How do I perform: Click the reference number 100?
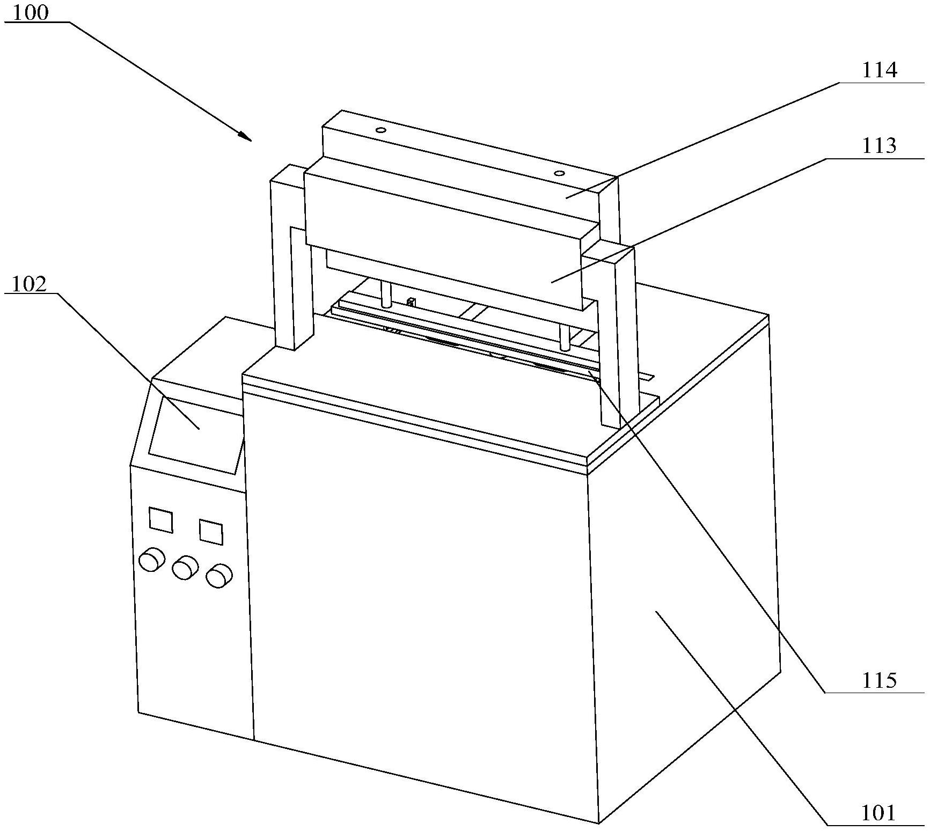click(30, 13)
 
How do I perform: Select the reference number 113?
click(879, 145)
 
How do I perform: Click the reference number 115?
click(879, 681)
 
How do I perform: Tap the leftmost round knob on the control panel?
click(151, 560)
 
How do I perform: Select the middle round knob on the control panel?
click(185, 567)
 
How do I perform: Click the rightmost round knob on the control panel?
click(219, 575)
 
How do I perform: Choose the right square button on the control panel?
click(211, 532)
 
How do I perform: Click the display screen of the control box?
click(194, 435)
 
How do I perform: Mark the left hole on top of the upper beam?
click(380, 130)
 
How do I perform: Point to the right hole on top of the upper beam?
click(559, 173)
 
